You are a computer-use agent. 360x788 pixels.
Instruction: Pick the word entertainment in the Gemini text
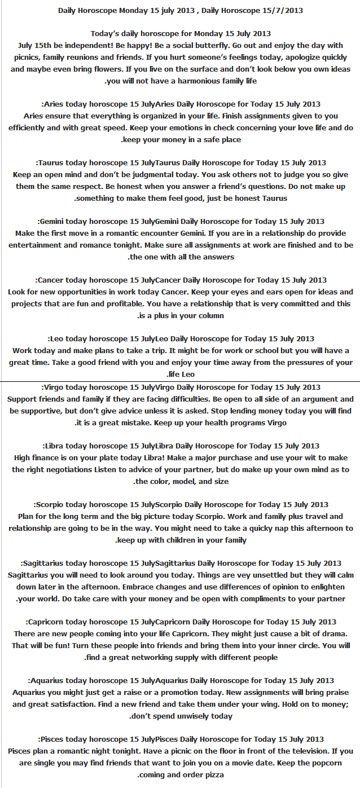tap(33, 245)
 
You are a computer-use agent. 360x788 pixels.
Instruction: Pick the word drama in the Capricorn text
tap(327, 634)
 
